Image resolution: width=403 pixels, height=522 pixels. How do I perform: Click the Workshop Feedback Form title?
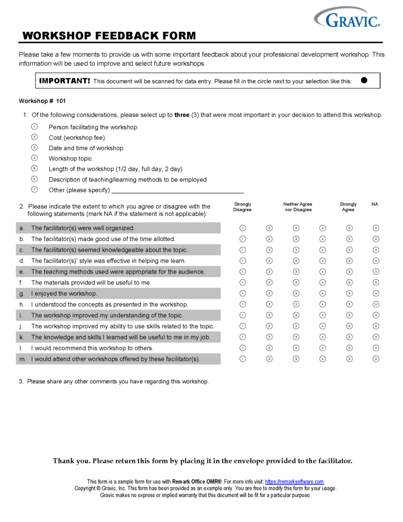click(x=109, y=36)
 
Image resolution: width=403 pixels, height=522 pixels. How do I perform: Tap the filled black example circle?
click(x=364, y=80)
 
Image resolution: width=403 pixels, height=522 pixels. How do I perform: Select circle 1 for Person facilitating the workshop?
click(x=34, y=126)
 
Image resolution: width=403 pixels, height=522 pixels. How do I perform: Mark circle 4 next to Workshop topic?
click(x=34, y=158)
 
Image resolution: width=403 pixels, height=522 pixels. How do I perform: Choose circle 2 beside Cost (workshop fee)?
click(x=34, y=137)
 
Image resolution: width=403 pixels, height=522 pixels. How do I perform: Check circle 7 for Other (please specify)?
click(x=34, y=190)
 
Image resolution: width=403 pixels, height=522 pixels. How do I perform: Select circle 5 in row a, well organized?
click(x=349, y=228)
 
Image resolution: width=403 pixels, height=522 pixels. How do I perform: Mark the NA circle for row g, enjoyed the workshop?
click(x=375, y=293)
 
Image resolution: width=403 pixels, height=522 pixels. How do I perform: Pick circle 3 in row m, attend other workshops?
click(x=296, y=359)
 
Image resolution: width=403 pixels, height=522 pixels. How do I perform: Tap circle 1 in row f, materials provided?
click(x=243, y=282)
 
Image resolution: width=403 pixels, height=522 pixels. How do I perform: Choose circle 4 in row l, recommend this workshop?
click(x=323, y=348)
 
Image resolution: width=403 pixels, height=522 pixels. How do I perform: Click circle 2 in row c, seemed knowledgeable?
click(x=269, y=250)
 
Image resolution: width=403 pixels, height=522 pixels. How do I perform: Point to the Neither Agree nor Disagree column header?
click(x=298, y=207)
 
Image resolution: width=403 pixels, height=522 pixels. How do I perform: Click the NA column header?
click(x=375, y=204)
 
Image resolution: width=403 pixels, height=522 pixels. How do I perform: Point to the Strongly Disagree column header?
click(x=243, y=207)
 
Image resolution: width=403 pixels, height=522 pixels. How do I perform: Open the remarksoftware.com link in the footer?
click(x=294, y=482)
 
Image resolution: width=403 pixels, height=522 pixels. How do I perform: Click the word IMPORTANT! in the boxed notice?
click(x=65, y=81)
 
